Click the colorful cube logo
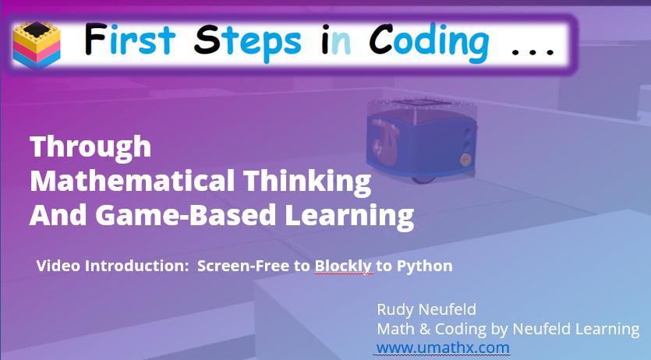(x=37, y=44)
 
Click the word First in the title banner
(x=129, y=40)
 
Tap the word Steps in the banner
(x=247, y=42)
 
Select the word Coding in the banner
(x=429, y=42)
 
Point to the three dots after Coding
(x=533, y=51)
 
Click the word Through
(x=90, y=147)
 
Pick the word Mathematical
(x=133, y=181)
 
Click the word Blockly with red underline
(x=343, y=266)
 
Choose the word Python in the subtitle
(x=424, y=266)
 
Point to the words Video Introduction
(x=112, y=266)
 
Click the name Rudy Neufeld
(x=426, y=309)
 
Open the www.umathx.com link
(x=443, y=348)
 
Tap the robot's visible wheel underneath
(x=423, y=180)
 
